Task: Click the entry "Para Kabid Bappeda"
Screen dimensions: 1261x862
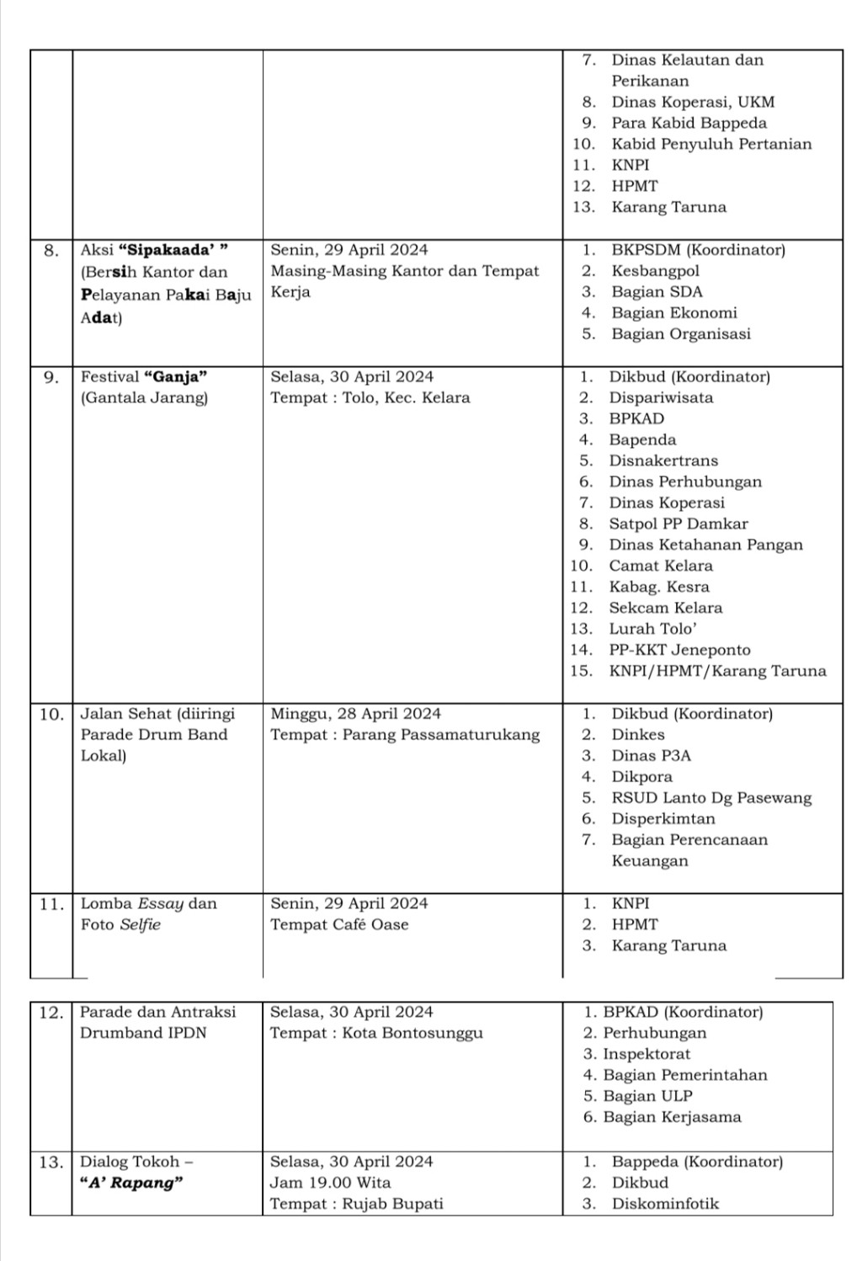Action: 689,123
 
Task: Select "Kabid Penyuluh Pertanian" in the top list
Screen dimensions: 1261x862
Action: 711,144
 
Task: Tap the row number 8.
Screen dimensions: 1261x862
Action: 51,250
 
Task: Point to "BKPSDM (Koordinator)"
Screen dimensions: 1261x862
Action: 698,250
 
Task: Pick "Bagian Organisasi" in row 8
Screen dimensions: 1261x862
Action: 680,333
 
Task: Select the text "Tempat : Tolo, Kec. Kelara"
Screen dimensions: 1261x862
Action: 370,397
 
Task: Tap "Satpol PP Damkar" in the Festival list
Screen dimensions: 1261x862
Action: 678,524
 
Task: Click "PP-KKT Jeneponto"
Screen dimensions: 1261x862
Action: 679,650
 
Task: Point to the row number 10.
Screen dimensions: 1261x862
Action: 51,714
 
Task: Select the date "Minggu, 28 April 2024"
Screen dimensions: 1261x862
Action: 355,714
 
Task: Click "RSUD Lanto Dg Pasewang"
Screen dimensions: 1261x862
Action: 711,798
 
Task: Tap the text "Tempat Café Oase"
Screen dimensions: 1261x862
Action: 339,924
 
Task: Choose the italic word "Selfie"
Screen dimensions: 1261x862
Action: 140,924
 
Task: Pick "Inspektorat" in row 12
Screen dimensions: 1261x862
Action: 646,1054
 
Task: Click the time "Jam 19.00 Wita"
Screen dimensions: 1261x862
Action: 330,1183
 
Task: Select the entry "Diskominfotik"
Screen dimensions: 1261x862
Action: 665,1204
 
